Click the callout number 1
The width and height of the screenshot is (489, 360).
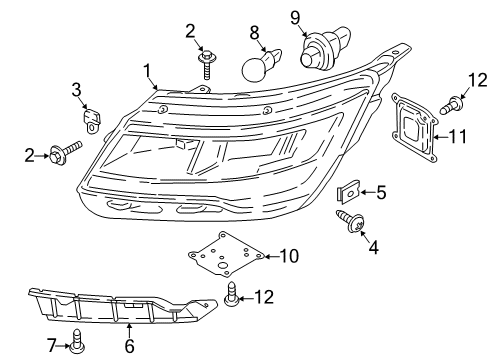(x=147, y=71)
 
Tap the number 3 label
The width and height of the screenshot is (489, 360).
(x=76, y=89)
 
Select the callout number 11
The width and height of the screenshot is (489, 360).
(x=458, y=137)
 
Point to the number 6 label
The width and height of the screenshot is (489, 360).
(x=129, y=346)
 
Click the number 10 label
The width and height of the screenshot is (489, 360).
(x=289, y=256)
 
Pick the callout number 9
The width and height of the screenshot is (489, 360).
(x=295, y=18)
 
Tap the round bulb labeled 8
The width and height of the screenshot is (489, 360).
(x=261, y=65)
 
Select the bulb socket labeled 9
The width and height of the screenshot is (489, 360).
(x=324, y=47)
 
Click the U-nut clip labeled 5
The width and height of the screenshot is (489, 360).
(x=347, y=192)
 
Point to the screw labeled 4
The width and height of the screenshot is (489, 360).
(x=350, y=220)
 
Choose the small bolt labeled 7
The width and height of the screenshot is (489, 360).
(x=77, y=341)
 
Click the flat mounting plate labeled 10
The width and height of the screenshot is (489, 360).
(x=226, y=255)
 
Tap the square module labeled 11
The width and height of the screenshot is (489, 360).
(x=415, y=128)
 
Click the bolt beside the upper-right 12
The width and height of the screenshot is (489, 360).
(x=451, y=105)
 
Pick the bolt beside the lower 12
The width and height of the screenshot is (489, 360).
(x=232, y=293)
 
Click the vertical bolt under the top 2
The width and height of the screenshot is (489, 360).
(x=205, y=64)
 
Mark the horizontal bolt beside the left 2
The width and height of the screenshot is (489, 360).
(x=65, y=152)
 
